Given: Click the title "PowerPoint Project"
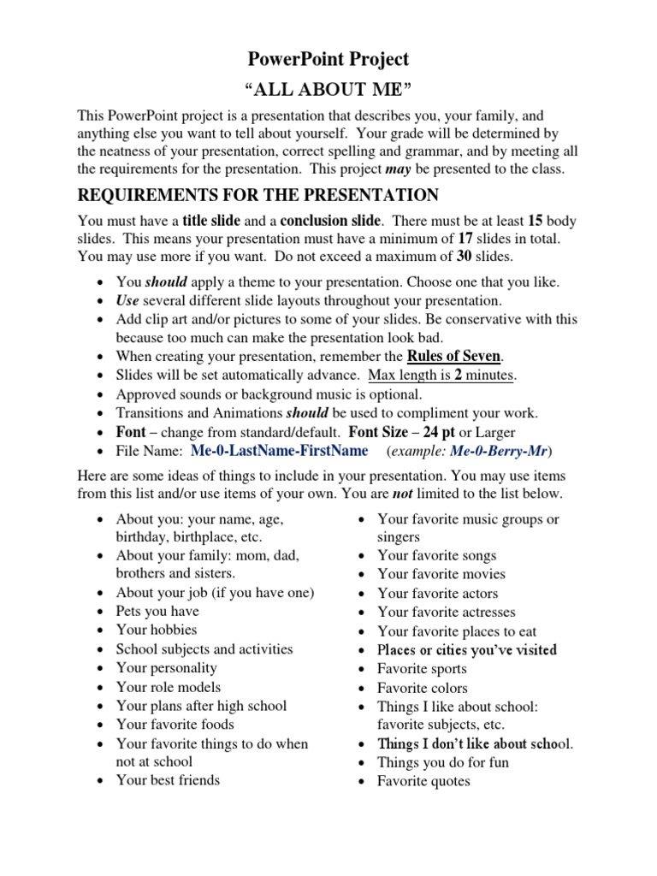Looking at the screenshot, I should [x=328, y=59].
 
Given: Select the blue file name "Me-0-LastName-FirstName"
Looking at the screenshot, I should [x=280, y=451].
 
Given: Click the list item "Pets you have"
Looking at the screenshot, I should [x=157, y=612].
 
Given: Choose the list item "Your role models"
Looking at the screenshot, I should [x=168, y=687].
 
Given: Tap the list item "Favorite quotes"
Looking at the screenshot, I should [x=423, y=781].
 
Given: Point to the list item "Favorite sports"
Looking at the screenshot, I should [x=422, y=669].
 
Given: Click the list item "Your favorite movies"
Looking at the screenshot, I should [x=441, y=574].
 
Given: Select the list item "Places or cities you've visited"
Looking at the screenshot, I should [x=467, y=650].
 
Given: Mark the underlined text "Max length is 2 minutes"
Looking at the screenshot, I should [x=442, y=376].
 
